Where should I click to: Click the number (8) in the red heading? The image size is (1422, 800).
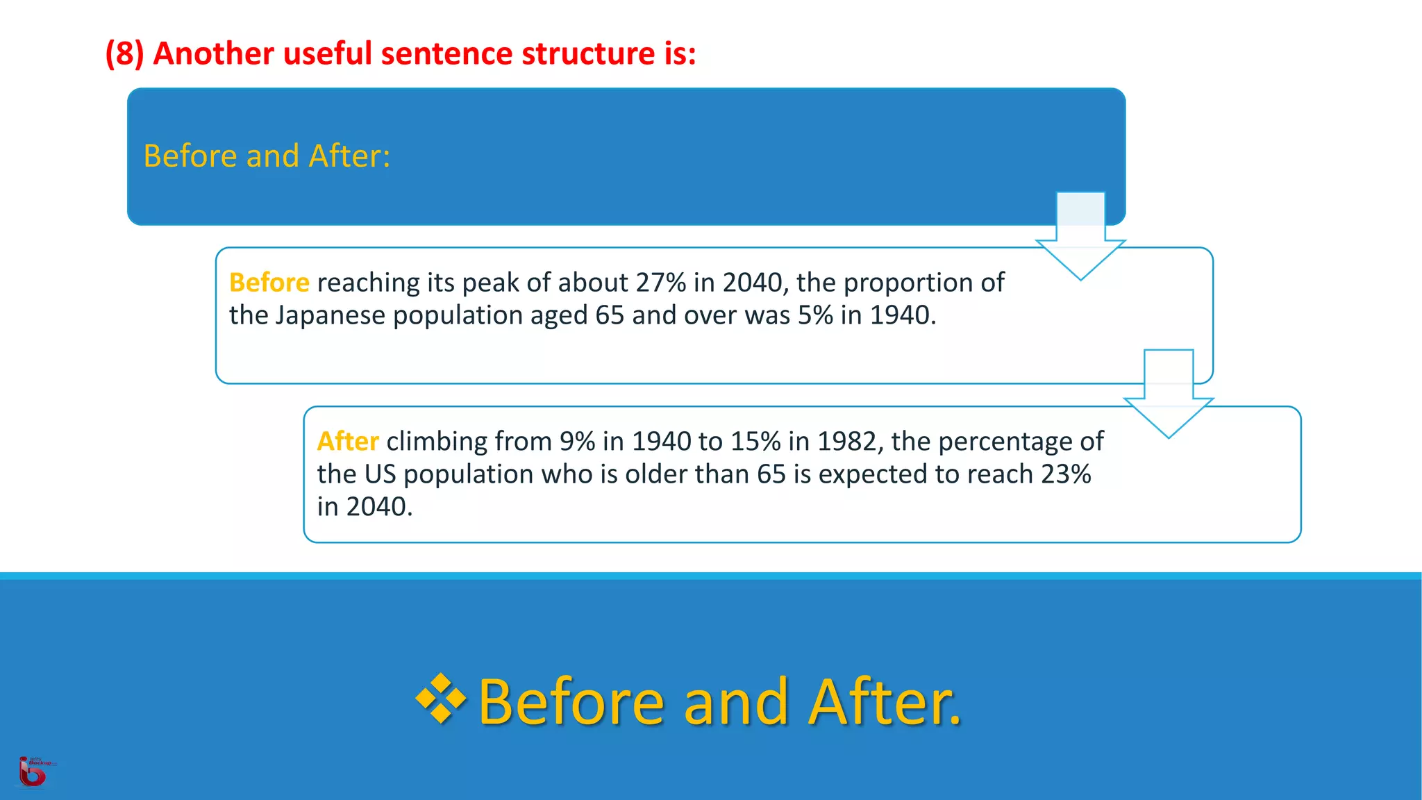point(124,54)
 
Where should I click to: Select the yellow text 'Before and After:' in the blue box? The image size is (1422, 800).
point(267,156)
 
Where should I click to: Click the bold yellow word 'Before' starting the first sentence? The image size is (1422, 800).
point(269,283)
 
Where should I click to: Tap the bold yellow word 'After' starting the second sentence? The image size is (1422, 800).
point(347,442)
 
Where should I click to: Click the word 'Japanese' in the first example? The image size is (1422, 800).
point(330,315)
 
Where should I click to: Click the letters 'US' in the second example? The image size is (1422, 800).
point(380,474)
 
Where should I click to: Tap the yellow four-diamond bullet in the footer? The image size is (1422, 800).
point(441,699)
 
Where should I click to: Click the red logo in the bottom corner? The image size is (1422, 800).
point(33,773)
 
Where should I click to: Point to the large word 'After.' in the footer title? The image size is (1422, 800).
point(885,703)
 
